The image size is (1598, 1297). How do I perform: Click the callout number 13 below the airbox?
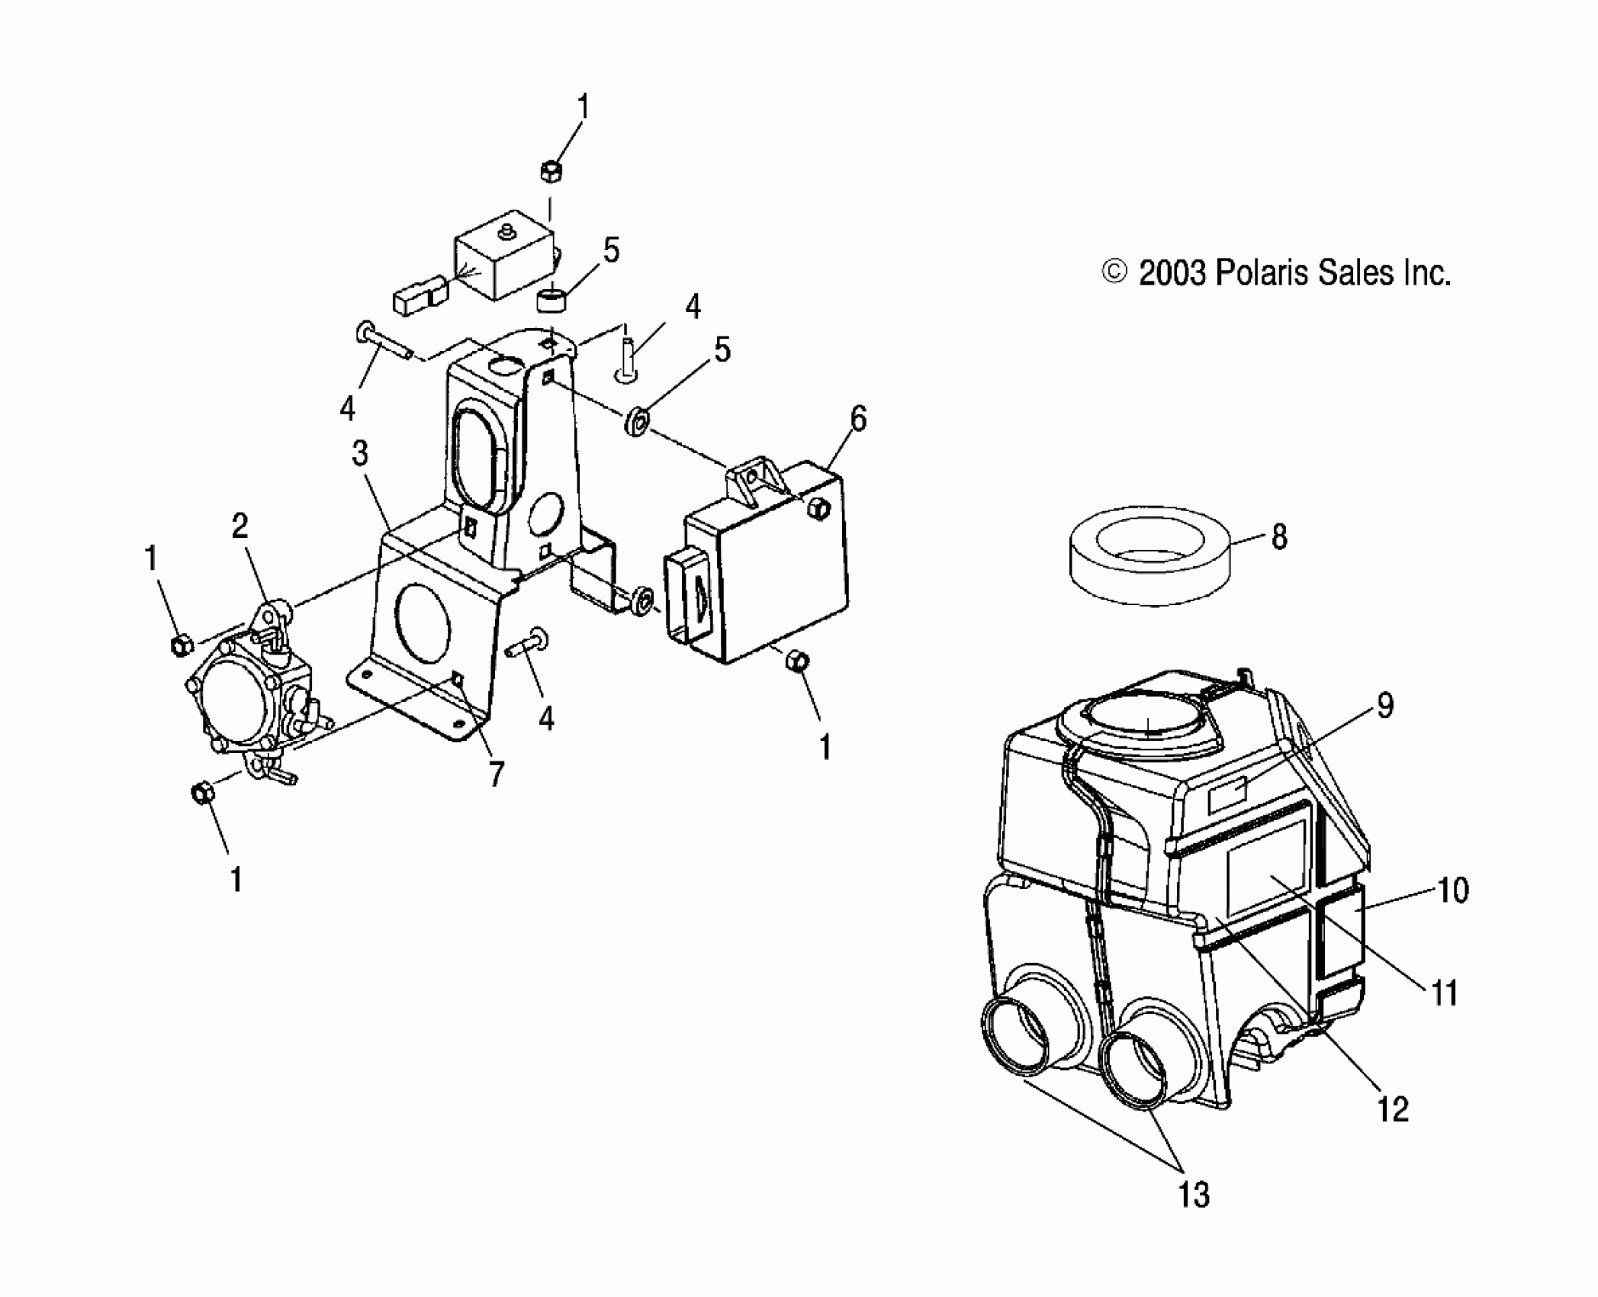[x=1194, y=1194]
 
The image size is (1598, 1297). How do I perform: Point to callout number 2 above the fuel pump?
[x=240, y=526]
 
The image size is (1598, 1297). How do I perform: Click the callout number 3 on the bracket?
[x=360, y=453]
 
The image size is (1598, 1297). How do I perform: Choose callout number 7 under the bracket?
[x=497, y=774]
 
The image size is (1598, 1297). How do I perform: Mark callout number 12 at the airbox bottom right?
[x=1393, y=1109]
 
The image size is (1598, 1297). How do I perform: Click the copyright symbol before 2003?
[x=1115, y=273]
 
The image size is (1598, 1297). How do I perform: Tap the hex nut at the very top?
[x=551, y=172]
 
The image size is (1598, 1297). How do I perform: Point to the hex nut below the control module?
[x=796, y=661]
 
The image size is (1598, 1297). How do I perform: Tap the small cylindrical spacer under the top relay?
[x=553, y=299]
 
